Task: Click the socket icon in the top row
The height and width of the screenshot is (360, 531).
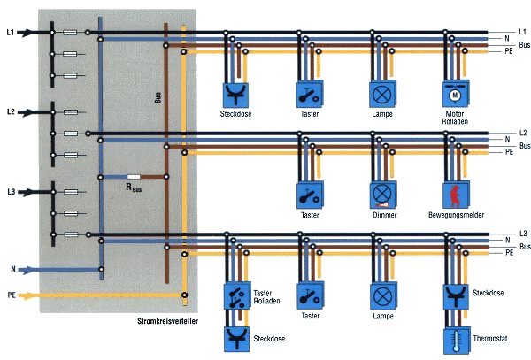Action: [x=235, y=92]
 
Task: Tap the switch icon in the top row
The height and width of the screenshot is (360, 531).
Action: [x=307, y=92]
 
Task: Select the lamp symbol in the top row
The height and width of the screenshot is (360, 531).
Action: [x=381, y=92]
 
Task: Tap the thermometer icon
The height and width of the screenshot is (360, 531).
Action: [x=455, y=339]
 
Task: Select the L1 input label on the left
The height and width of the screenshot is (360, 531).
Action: [x=11, y=33]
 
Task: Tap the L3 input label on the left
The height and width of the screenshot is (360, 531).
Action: [x=11, y=190]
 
